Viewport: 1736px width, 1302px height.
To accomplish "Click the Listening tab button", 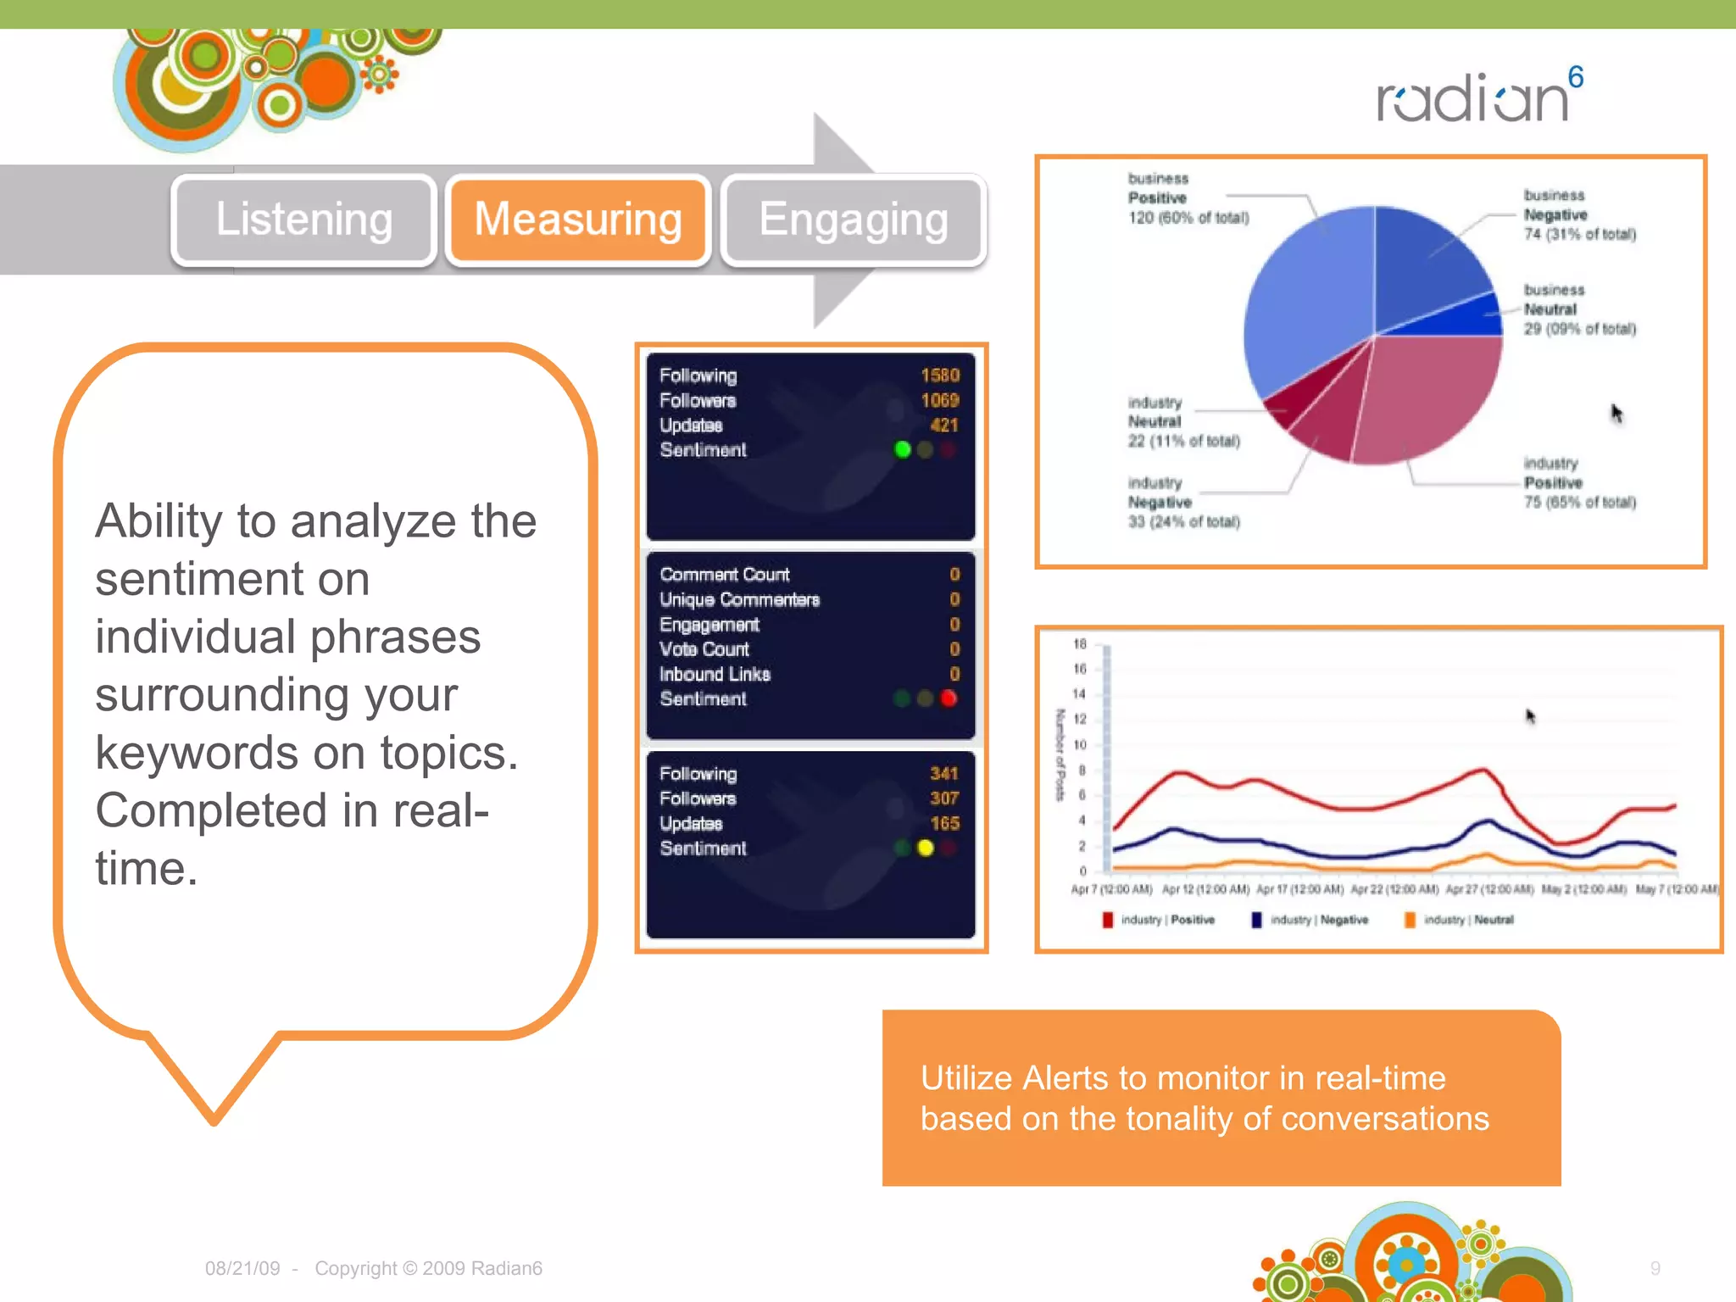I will tap(303, 220).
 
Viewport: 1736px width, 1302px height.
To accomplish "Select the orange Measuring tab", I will tap(578, 220).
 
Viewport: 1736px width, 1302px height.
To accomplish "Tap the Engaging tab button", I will tap(853, 220).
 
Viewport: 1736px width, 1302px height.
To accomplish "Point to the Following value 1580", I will tap(939, 376).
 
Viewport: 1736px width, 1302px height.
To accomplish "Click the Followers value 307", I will tap(943, 798).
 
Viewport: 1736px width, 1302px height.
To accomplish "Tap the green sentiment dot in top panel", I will tap(903, 449).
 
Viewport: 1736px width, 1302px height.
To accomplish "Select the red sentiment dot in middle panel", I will tap(949, 698).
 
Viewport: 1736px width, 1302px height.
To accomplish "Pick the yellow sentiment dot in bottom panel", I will tap(926, 848).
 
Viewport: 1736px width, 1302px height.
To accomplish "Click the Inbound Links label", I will tap(715, 675).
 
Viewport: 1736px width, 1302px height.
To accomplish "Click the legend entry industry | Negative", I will tap(1318, 920).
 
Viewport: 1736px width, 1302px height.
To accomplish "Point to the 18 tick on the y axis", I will tap(1079, 644).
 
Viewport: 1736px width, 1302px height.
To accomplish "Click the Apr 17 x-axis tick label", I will tap(1299, 889).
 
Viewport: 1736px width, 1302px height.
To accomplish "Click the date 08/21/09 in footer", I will tap(242, 1268).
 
